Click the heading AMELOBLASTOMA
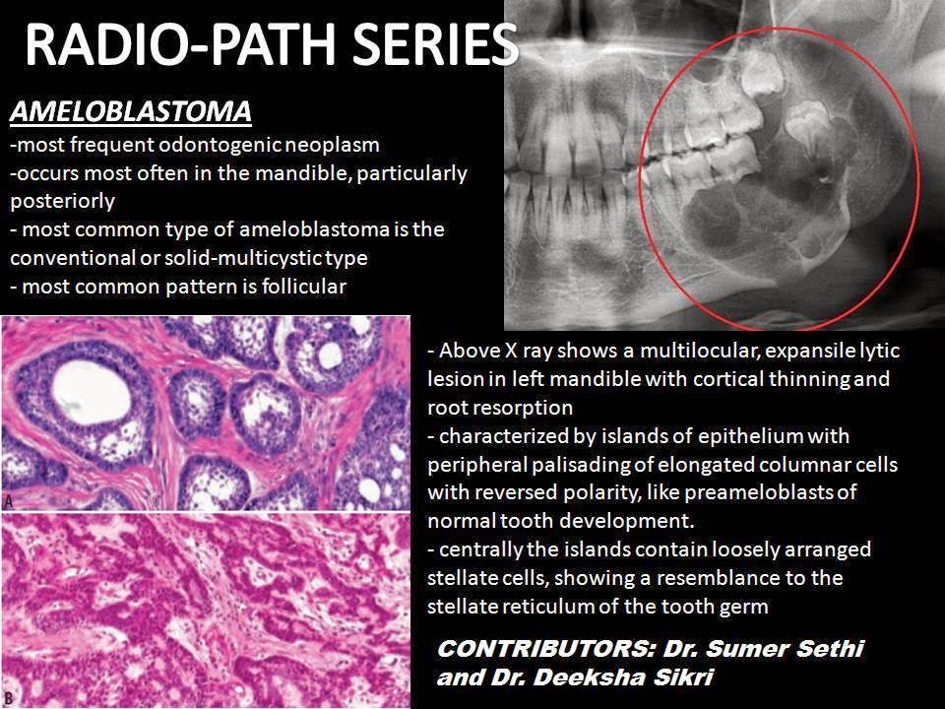130,112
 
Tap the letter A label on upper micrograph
9,499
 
